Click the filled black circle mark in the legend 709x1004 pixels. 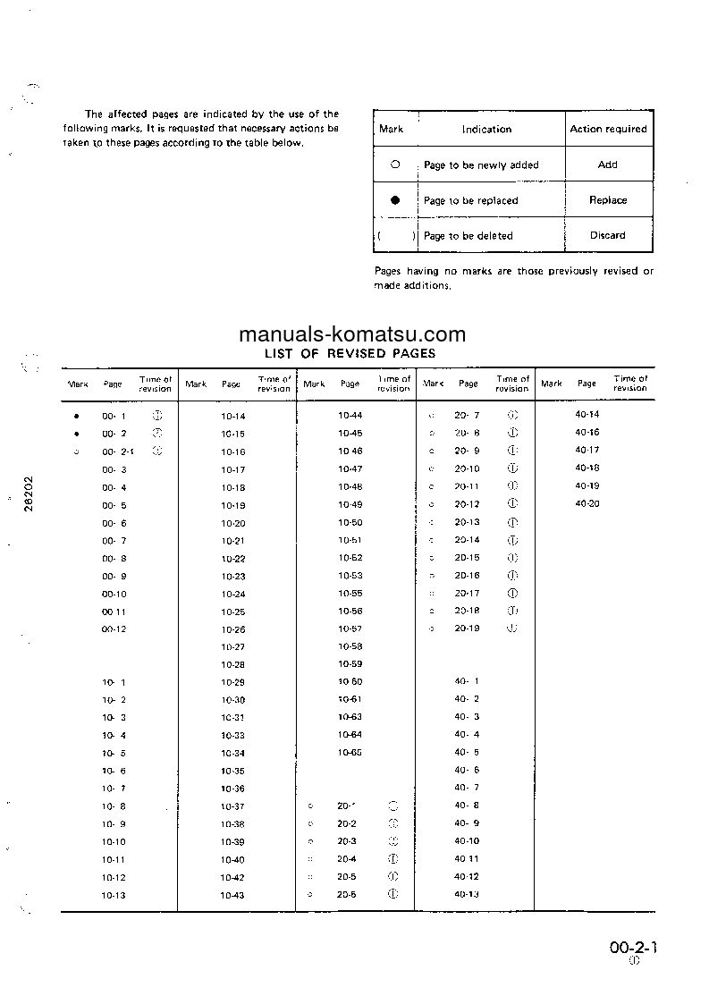(x=395, y=200)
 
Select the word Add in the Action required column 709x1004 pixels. (x=608, y=165)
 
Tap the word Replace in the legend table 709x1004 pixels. (x=608, y=200)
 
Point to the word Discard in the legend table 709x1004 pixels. (x=608, y=235)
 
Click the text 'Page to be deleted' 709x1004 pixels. (x=468, y=236)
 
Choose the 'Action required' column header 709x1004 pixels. (x=608, y=129)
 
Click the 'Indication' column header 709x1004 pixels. (x=486, y=129)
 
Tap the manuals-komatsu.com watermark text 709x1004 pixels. (x=352, y=335)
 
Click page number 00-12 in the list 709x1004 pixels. (x=114, y=629)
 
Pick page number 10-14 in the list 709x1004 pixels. (x=232, y=416)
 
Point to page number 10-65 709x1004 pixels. (x=350, y=753)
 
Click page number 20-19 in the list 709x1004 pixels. (x=467, y=629)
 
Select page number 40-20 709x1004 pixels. (x=587, y=504)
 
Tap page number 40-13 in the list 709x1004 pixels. (x=467, y=894)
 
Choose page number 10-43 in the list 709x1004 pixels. (x=232, y=895)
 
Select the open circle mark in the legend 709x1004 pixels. (x=395, y=165)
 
